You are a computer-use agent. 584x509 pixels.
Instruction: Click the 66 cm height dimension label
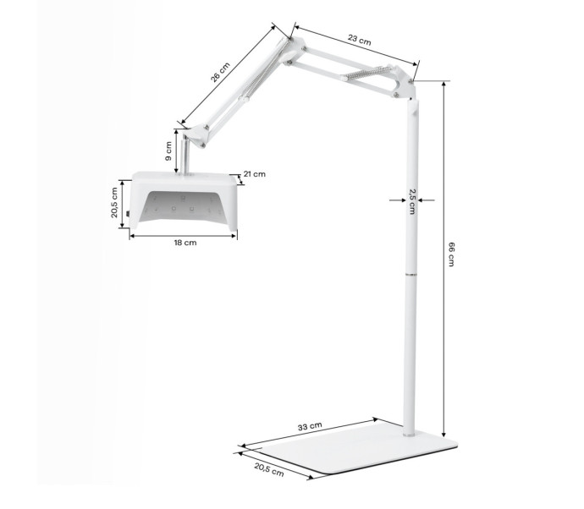(x=450, y=254)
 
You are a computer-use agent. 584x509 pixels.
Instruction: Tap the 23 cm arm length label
(x=360, y=40)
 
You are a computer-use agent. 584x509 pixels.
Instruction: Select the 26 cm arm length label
(x=220, y=72)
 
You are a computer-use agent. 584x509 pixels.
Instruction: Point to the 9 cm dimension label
(x=168, y=151)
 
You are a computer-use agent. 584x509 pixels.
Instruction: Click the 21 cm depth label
(x=255, y=174)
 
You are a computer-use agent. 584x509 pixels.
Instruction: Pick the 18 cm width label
(x=185, y=243)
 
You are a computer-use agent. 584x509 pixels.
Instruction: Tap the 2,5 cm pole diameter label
(x=412, y=201)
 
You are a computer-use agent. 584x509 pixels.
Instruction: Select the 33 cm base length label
(x=310, y=426)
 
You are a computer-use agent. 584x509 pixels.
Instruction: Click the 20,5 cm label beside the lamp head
(x=114, y=203)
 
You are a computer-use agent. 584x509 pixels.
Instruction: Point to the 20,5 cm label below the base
(x=269, y=469)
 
